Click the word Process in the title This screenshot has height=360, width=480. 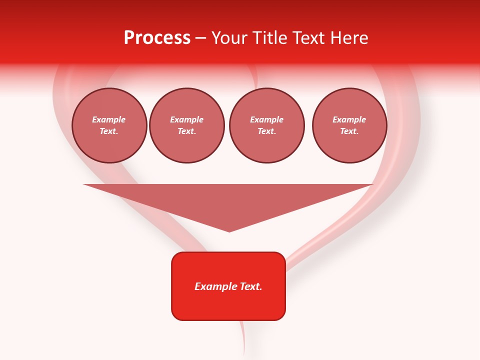tap(157, 38)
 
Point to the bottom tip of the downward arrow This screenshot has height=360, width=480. tap(229, 231)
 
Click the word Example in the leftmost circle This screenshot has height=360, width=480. tap(109, 119)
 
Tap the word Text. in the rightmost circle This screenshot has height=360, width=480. tap(349, 131)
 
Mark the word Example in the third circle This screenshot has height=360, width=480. tap(266, 119)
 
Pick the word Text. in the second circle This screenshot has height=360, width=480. tap(187, 131)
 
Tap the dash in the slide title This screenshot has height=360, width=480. tap(201, 38)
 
